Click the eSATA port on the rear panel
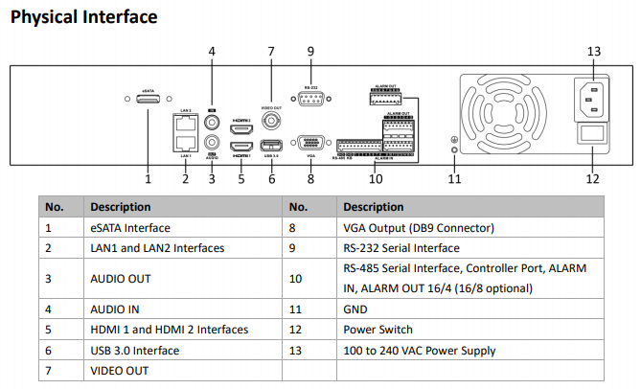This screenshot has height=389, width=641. coord(149,100)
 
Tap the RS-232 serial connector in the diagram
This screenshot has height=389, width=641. coord(310,98)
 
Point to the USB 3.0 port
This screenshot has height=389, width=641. coord(271,146)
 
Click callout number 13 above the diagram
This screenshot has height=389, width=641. coord(593,51)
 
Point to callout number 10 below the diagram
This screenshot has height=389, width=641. coord(376,178)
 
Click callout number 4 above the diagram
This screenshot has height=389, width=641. coord(212,51)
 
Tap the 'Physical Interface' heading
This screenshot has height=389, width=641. coord(83,17)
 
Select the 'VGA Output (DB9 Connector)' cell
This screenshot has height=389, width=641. coord(418,228)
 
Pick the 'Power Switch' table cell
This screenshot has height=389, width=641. coord(378,330)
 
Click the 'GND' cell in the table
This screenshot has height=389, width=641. coord(355,309)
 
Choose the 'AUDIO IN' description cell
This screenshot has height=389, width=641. coord(116,309)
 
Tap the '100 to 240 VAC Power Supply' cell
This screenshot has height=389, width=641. coord(420,351)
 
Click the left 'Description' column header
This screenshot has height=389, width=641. coord(120,206)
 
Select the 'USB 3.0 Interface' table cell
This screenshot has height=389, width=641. coord(134,351)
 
